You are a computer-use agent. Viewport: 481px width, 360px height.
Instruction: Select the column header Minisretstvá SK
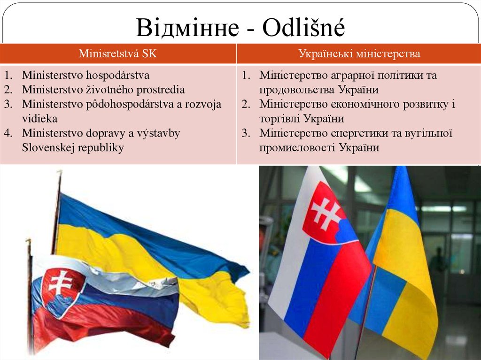118,54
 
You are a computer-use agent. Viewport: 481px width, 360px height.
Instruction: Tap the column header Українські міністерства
359,54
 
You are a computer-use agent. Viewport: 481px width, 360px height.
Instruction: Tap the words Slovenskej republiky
73,148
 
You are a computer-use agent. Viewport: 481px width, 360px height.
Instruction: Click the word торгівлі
279,119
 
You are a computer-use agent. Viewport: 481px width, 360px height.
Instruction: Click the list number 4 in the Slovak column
8,133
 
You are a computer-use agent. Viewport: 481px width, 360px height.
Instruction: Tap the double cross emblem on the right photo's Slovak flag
324,214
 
